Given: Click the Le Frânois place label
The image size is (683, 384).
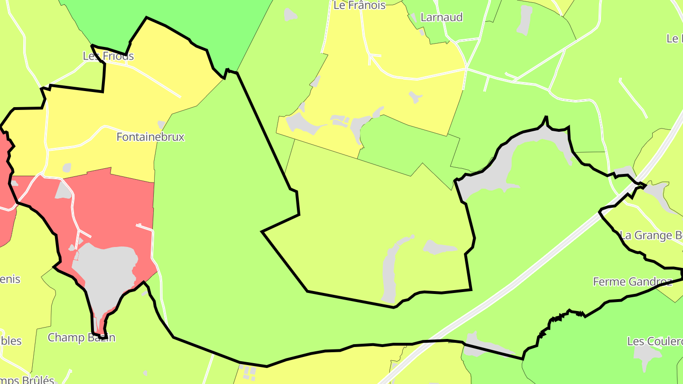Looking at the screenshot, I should [x=360, y=5].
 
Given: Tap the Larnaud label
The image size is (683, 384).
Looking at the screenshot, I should [x=441, y=18].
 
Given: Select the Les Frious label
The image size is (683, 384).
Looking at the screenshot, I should [x=108, y=56].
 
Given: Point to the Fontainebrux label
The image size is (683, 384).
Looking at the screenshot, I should [x=150, y=137].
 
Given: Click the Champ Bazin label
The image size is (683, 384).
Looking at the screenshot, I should [x=81, y=338].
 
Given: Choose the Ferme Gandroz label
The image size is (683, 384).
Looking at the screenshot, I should [x=632, y=282].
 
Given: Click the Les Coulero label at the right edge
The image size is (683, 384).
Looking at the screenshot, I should [x=655, y=341].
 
